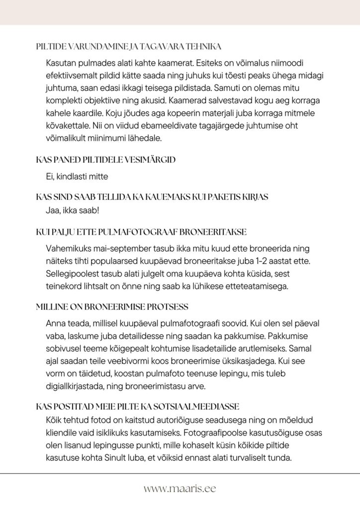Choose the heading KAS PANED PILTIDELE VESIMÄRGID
pyautogui.click(x=106, y=160)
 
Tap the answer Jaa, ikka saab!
pyautogui.click(x=72, y=210)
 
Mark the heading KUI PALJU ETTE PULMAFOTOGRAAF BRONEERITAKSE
pyautogui.click(x=141, y=232)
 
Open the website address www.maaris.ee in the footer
pyautogui.click(x=180, y=489)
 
